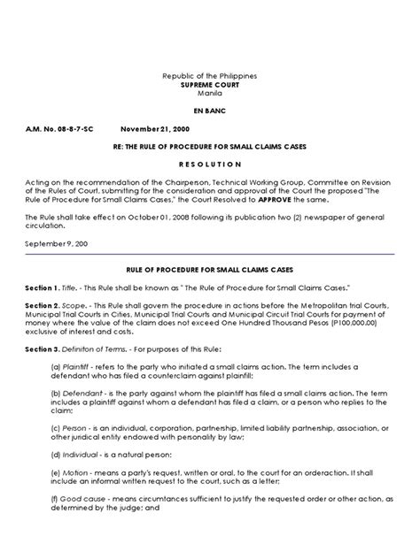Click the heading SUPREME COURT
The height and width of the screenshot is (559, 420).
(210, 86)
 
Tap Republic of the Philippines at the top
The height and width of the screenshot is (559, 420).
(210, 77)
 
